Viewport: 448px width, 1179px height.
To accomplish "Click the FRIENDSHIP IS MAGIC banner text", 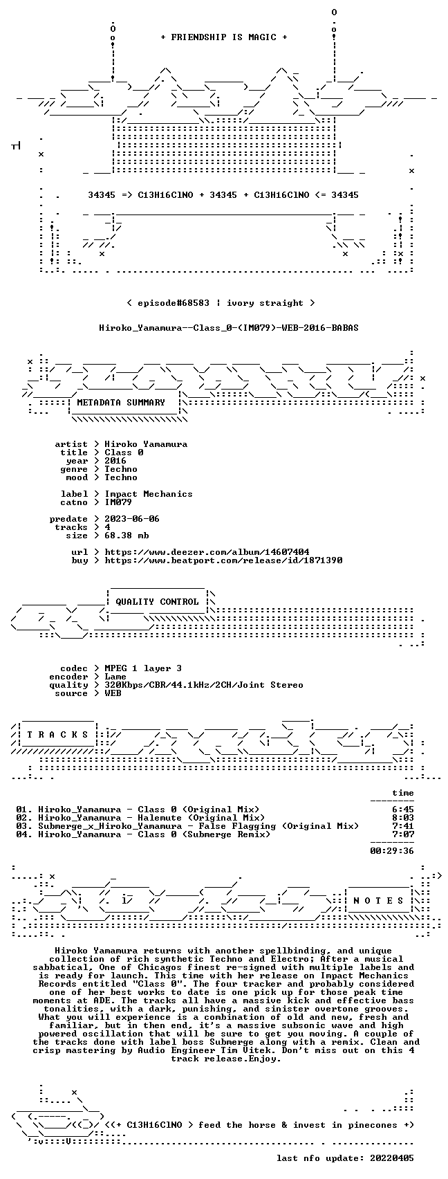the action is point(224,37).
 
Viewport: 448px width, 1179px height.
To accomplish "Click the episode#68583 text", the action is point(174,303).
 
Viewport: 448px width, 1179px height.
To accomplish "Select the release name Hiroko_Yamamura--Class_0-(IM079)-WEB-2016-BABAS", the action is point(229,328).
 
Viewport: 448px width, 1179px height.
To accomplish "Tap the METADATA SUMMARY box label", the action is point(121,403).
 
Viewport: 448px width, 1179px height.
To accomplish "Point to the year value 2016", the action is point(115,461).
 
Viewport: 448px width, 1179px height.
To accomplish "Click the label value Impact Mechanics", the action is point(148,494).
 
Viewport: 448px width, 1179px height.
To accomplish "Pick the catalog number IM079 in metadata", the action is point(118,502).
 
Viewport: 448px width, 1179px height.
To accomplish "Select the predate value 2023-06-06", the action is point(131,519).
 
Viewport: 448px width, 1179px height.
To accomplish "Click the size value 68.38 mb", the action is point(127,536).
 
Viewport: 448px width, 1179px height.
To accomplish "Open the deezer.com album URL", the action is point(207,552).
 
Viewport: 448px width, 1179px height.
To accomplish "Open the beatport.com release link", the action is point(223,560).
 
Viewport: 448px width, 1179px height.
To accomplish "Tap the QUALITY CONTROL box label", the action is point(157,602).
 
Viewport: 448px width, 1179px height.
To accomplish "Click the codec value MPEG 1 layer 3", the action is point(143,668).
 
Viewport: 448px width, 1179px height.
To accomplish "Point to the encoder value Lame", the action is point(115,677).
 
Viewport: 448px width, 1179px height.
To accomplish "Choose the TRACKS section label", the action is point(58,735).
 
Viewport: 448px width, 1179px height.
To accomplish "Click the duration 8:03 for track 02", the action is point(403,818).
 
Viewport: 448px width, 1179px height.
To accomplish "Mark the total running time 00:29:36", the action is point(392,850).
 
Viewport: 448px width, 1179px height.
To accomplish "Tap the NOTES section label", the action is point(379,901).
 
